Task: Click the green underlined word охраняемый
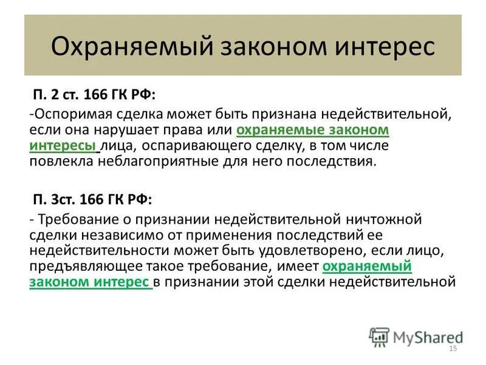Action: tap(367, 266)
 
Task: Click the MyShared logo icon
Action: tap(378, 336)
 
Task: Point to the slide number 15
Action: tap(452, 349)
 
